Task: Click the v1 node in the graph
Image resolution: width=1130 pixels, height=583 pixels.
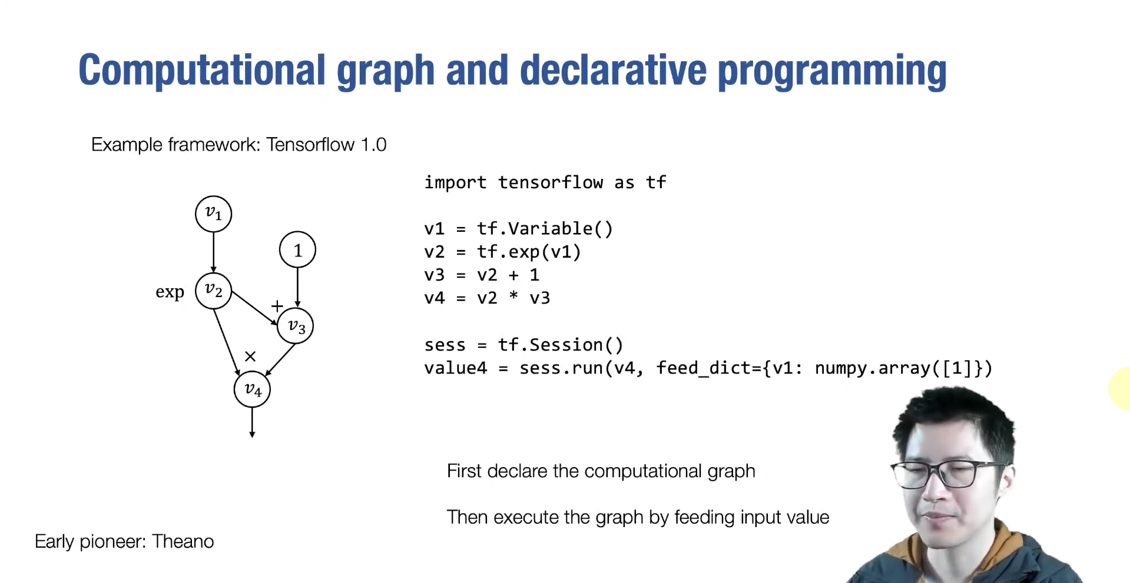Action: pos(213,214)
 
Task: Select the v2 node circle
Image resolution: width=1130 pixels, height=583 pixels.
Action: pos(213,290)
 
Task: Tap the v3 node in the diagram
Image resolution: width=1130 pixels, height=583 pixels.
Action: pos(296,326)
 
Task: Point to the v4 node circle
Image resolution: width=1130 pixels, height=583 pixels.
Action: pos(252,389)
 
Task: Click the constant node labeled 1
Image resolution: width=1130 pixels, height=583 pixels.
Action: pos(297,250)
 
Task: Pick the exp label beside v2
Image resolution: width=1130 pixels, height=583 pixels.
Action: pos(170,292)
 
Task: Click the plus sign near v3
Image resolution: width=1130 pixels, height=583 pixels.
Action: pos(277,306)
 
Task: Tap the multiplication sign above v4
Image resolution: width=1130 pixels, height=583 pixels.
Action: pos(250,357)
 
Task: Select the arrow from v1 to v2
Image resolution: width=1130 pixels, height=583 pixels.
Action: pos(213,252)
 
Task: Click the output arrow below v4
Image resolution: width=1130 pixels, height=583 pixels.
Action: pos(252,422)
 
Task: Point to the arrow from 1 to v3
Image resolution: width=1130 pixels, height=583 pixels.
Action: pos(297,287)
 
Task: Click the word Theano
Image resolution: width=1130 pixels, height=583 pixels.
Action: pos(183,541)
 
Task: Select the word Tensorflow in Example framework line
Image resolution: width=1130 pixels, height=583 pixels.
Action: pos(310,145)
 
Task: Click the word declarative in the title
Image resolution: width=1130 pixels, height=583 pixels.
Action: pos(612,71)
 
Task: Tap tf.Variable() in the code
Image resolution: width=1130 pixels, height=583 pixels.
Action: pos(545,228)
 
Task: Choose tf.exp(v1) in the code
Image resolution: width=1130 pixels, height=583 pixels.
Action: pos(529,252)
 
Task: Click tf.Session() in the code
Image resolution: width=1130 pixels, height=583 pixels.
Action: pos(560,345)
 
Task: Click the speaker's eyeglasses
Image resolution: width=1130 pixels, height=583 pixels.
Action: pos(948,474)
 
